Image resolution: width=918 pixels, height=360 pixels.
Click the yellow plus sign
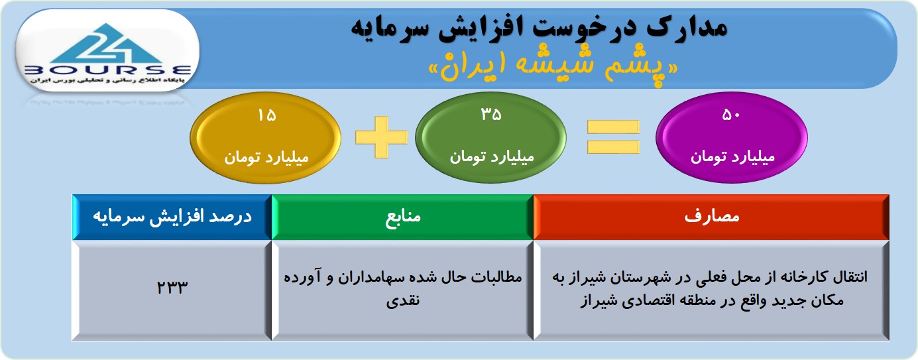tap(381, 137)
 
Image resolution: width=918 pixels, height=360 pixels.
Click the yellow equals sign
tap(613, 137)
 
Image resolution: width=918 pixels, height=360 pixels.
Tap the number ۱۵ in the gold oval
tap(266, 115)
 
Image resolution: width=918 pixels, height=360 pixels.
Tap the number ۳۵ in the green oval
tap(491, 114)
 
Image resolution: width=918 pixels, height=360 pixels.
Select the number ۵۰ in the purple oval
tap(731, 115)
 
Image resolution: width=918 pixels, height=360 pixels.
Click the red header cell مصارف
tap(711, 217)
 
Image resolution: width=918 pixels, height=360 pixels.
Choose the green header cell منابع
tap(402, 217)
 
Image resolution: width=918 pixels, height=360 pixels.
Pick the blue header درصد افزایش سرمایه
tap(172, 217)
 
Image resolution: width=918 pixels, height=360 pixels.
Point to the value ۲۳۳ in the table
tap(172, 287)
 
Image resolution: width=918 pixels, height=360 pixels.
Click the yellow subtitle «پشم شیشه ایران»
tap(553, 68)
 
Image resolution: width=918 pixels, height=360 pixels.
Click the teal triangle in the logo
tap(107, 44)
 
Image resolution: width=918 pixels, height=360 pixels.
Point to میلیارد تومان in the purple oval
tap(732, 157)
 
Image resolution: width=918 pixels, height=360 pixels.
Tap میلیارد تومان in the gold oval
tap(266, 158)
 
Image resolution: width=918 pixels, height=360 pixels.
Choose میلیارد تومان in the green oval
tap(492, 157)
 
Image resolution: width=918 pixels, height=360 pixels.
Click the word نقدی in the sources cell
tap(403, 300)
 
